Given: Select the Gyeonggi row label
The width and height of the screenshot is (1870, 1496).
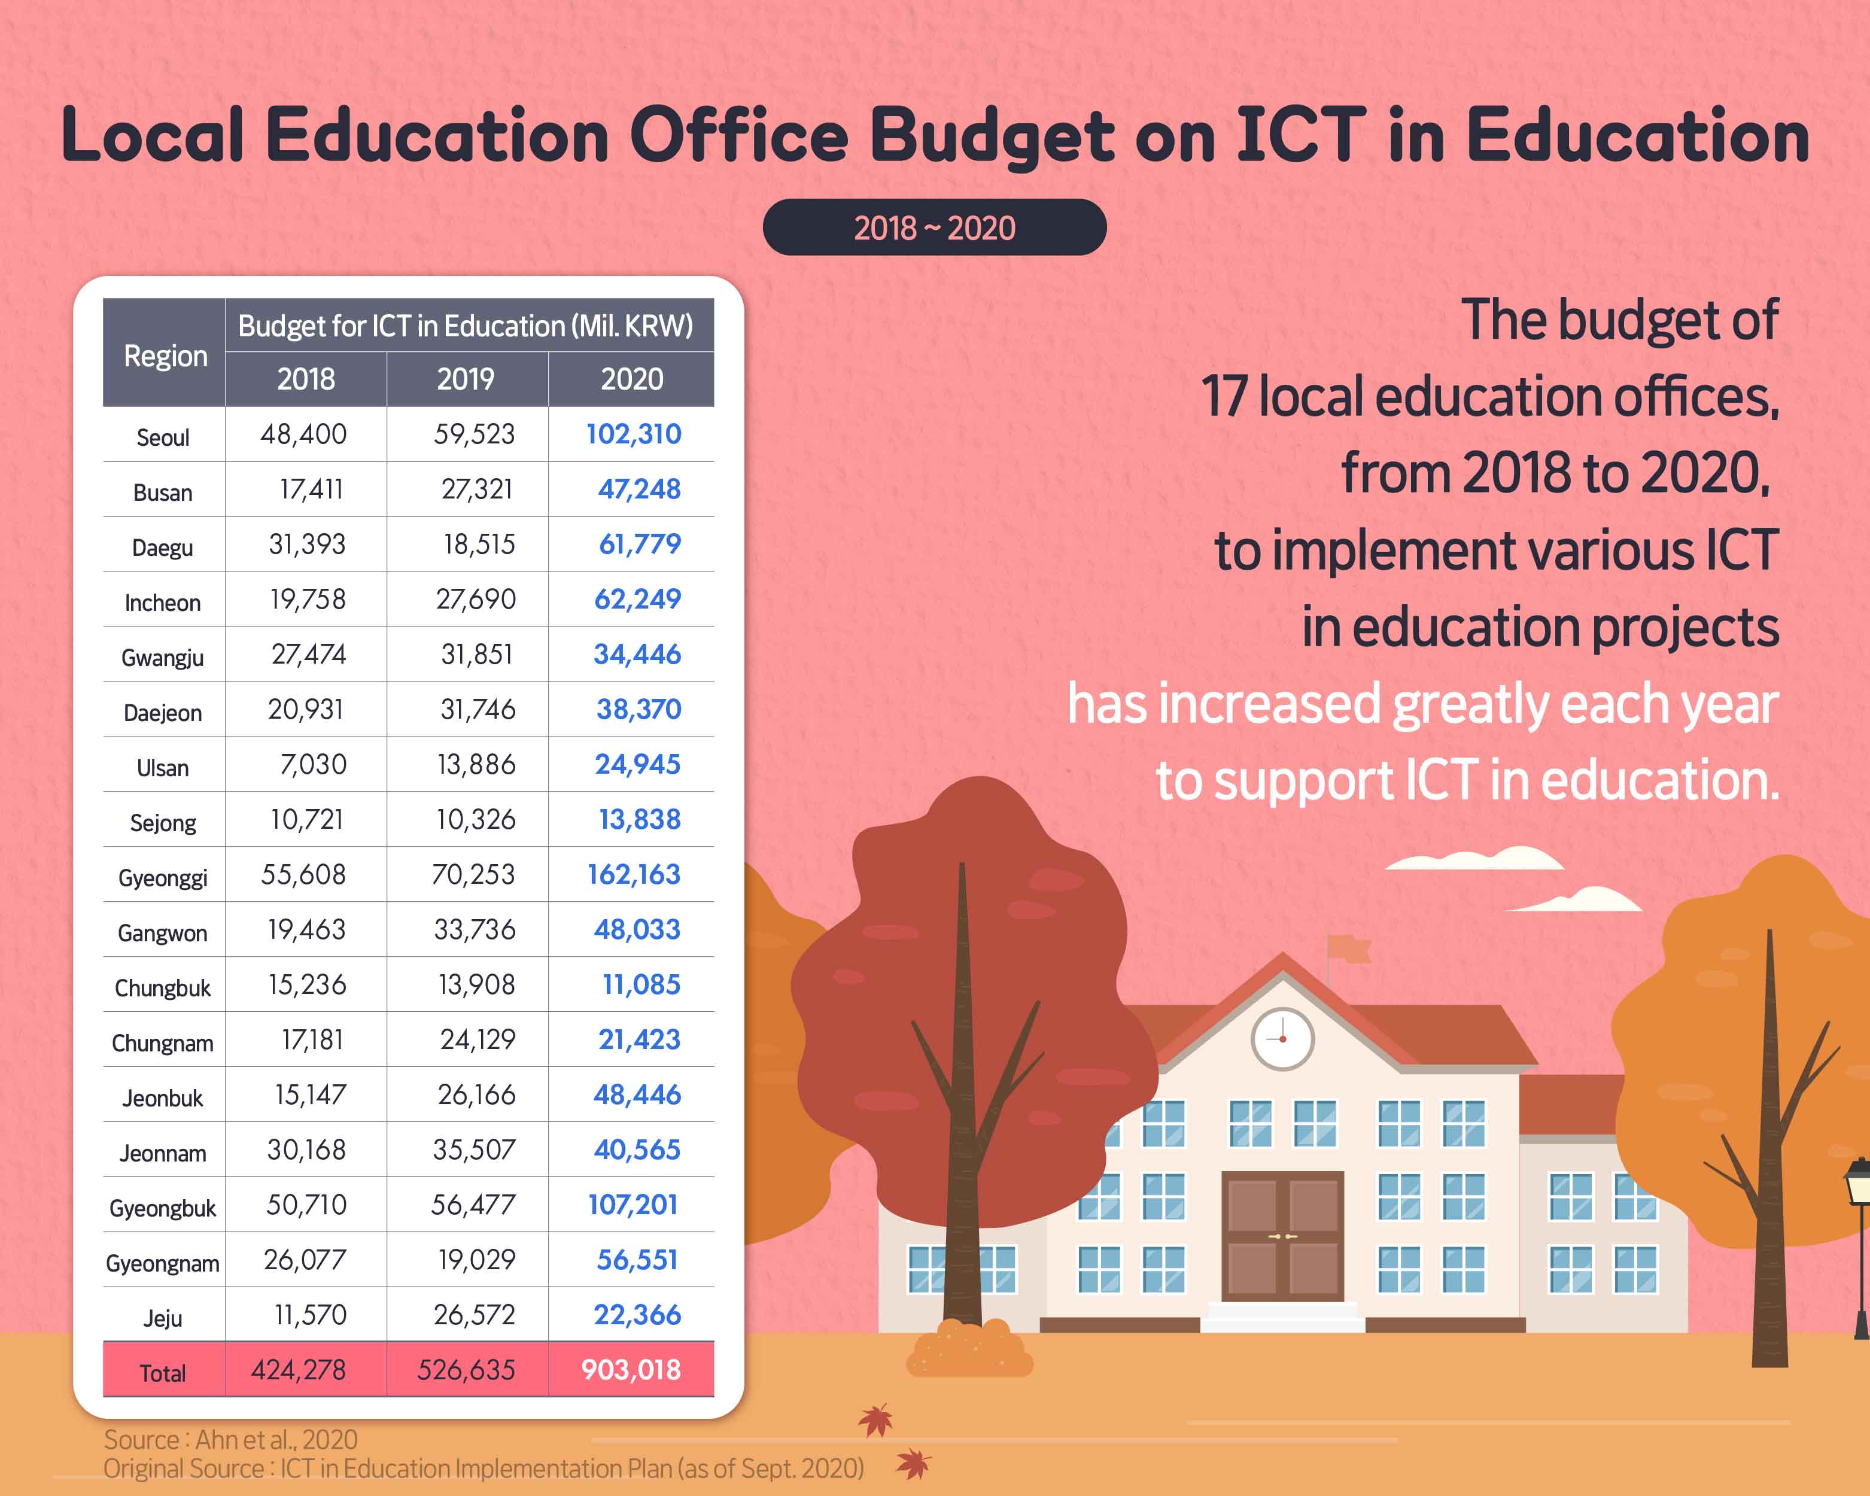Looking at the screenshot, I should tap(163, 878).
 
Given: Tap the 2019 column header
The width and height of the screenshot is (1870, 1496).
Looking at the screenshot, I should tap(466, 379).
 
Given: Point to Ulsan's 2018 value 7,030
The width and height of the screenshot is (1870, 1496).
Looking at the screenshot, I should tap(312, 764).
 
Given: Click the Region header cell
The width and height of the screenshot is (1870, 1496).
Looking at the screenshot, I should tap(165, 355).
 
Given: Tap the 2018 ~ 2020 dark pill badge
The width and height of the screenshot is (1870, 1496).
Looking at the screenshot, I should tap(934, 227).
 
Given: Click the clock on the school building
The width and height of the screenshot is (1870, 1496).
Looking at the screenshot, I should tap(1282, 1038).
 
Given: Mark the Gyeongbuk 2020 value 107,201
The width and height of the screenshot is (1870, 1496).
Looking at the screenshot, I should tap(633, 1205).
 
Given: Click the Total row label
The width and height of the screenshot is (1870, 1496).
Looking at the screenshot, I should tap(163, 1373).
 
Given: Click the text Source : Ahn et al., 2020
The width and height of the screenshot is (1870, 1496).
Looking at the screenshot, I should tap(231, 1439).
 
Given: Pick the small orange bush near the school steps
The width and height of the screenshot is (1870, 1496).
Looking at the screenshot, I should tap(969, 1349).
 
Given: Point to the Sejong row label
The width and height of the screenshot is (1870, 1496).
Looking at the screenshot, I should tap(163, 823).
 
